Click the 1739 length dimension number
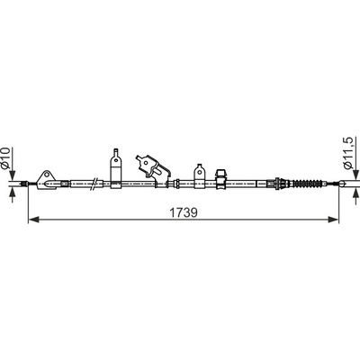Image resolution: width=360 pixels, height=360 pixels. pos(184,213)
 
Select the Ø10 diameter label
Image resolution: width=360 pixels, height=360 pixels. pos(7,157)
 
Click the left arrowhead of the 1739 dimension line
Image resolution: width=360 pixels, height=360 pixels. pos(33,220)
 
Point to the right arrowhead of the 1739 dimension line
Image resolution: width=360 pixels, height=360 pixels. pos(333,220)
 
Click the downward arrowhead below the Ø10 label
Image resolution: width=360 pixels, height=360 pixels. pos(12,175)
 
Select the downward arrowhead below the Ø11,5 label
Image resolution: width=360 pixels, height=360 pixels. pos(356,175)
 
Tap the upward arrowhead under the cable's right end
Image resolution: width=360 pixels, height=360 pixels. pos(356,193)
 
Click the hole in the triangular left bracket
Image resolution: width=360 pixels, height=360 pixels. pos(47,175)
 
